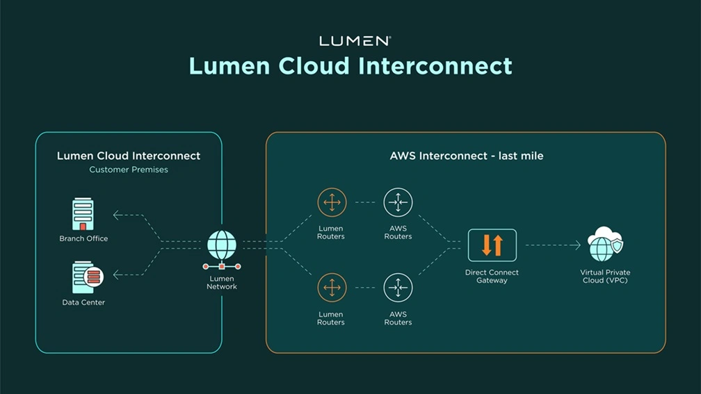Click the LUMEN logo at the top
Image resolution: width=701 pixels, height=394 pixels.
355,41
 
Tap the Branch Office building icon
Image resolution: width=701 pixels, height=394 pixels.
83,215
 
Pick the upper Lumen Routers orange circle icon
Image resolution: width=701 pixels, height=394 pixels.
331,203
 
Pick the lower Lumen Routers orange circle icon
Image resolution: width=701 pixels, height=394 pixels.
331,288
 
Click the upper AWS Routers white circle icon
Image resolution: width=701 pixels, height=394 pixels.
398,203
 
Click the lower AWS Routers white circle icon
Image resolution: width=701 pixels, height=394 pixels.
398,288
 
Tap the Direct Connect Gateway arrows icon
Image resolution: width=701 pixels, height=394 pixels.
492,245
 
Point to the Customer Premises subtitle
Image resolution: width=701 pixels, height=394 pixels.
129,170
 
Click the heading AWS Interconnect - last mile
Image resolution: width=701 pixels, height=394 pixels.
466,156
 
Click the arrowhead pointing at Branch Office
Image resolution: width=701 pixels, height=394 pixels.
117,215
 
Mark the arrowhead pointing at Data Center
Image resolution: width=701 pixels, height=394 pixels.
117,275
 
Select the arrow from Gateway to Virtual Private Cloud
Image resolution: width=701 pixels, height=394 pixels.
553,245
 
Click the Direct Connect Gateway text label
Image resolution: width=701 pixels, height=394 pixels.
492,276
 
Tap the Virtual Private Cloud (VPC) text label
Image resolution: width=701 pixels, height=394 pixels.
604,276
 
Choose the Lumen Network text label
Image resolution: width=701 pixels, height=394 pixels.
222,283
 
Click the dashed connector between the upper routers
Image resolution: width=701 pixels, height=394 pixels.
364,203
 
